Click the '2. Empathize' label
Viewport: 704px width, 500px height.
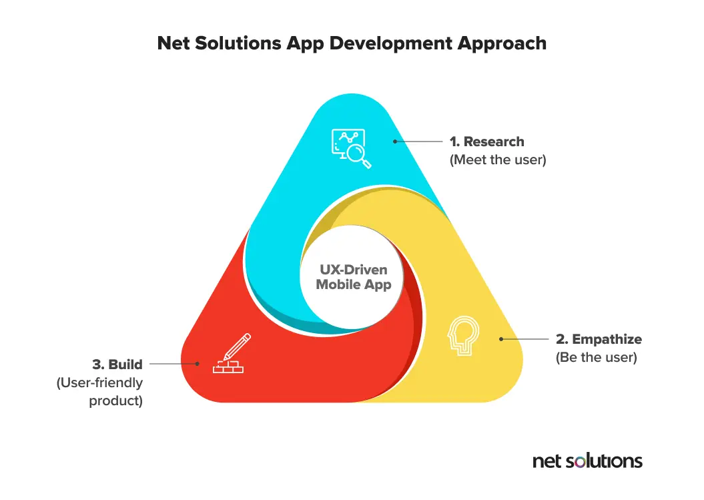tap(599, 340)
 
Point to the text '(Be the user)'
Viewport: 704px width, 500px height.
tap(596, 358)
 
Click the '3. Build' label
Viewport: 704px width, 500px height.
tap(117, 364)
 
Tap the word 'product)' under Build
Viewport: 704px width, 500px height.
tap(115, 402)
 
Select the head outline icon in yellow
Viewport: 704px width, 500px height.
tap(464, 335)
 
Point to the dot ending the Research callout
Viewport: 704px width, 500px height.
tap(394, 142)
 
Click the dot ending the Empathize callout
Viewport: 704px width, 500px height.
tap(500, 340)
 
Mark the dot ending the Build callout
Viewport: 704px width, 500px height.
tap(198, 364)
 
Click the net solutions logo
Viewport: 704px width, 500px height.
tap(587, 461)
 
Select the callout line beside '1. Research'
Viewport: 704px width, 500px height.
tap(420, 142)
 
